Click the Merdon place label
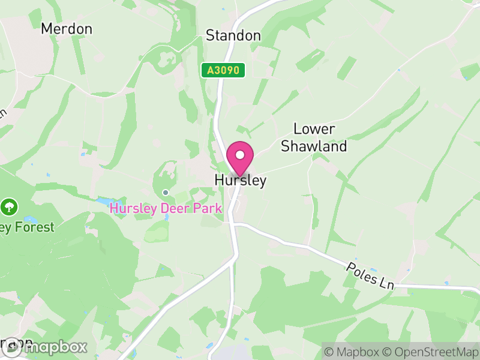point(67,29)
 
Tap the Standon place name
point(233,36)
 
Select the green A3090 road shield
point(223,71)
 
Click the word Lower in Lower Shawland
point(314,129)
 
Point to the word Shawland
point(314,146)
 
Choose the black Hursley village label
point(241,181)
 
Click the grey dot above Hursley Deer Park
point(166,193)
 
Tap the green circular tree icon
point(9,208)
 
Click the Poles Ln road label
point(370,275)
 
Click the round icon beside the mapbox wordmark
point(11,347)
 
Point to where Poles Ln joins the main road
point(235,224)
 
